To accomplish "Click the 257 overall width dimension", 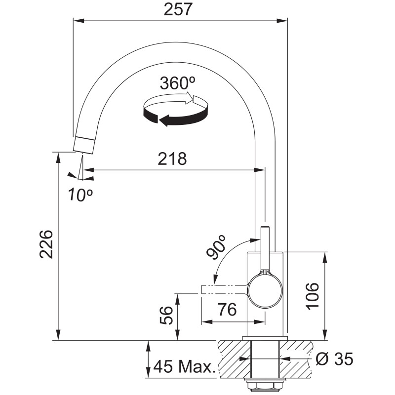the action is tap(178, 9).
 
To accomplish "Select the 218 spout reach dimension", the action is tap(172, 158).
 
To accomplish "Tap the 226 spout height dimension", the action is tap(46, 244).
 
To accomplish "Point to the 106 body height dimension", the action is tap(312, 296).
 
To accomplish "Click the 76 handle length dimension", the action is tap(227, 310).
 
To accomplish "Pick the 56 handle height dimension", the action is tap(166, 315).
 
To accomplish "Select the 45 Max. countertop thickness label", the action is tap(184, 366).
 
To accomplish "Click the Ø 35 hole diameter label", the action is tap(335, 358).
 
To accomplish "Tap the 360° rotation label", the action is tap(178, 83).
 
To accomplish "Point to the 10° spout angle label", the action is tap(80, 195).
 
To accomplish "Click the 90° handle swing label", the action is tap(215, 247).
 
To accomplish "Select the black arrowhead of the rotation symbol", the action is tap(163, 120).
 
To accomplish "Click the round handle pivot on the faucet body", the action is tap(265, 291).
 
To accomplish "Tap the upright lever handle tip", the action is tap(265, 229).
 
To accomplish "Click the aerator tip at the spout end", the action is tap(84, 145).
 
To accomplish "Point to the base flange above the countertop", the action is tap(265, 338).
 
